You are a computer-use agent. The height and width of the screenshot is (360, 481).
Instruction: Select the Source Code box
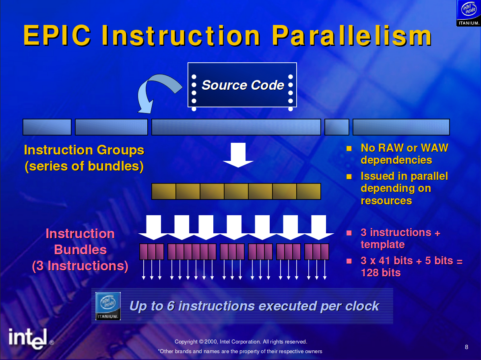point(242,85)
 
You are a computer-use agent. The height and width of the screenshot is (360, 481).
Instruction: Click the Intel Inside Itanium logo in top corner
point(468,13)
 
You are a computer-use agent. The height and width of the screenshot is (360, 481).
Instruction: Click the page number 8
point(466,347)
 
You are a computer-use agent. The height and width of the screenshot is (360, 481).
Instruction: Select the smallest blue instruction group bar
point(336,127)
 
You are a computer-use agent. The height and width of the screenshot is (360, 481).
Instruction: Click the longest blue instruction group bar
point(236,127)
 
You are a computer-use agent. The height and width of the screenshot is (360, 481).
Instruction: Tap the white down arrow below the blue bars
point(238,155)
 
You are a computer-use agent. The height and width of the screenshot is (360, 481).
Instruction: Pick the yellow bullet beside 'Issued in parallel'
point(349,176)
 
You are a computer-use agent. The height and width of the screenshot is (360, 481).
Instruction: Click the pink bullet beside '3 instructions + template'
point(349,232)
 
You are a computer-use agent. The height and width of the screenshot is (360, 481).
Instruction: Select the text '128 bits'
point(380,273)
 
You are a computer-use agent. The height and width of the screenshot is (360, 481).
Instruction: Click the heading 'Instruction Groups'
point(84,150)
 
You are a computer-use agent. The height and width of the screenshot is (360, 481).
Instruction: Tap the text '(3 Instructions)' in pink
point(80,266)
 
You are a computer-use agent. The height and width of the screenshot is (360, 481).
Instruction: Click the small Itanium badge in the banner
point(108,306)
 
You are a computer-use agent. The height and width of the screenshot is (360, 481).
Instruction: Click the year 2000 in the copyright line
point(211,341)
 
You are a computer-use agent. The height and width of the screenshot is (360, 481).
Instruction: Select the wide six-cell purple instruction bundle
point(192,252)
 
